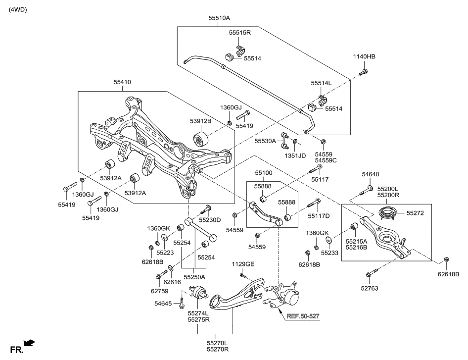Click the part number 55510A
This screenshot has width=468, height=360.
[x=219, y=18]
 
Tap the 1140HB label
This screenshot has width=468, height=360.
[x=364, y=56]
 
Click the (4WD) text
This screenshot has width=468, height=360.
[x=17, y=9]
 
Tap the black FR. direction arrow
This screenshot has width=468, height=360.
[x=29, y=343]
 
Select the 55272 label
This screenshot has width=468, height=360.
[x=415, y=212]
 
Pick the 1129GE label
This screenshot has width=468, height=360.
[x=242, y=264]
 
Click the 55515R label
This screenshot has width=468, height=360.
[x=240, y=33]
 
